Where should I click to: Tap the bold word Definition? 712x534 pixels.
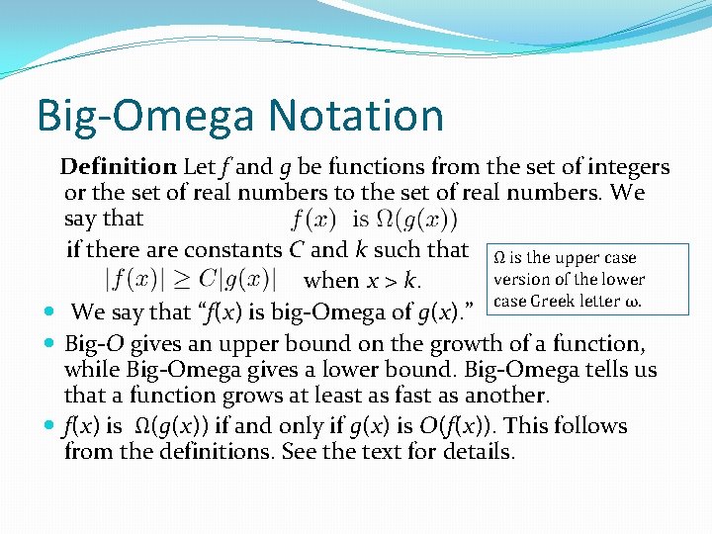(x=118, y=167)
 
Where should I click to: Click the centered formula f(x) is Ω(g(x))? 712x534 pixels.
(x=375, y=219)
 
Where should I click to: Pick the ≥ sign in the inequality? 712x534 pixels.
(x=187, y=278)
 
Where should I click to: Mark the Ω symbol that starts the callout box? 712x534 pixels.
(x=498, y=258)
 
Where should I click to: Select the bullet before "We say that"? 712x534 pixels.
(x=50, y=312)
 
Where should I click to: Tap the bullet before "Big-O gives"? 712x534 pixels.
(x=50, y=344)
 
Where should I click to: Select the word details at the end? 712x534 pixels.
(x=480, y=453)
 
